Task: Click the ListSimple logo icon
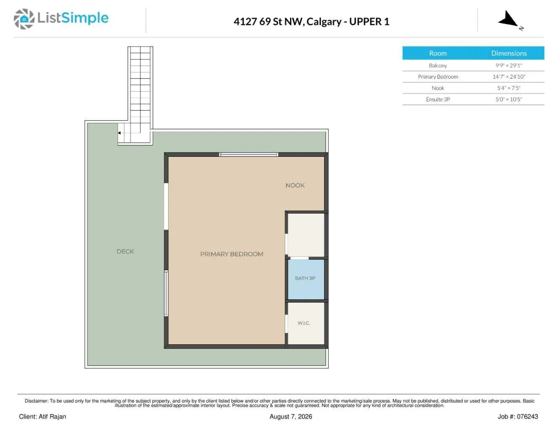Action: pyautogui.click(x=24, y=19)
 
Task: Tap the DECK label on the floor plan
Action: pyautogui.click(x=125, y=251)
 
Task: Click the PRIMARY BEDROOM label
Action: pyautogui.click(x=232, y=254)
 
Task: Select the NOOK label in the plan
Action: pyautogui.click(x=295, y=185)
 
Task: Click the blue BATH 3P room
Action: pyautogui.click(x=306, y=280)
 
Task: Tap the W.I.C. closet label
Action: pyautogui.click(x=304, y=323)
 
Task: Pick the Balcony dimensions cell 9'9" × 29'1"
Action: pyautogui.click(x=509, y=65)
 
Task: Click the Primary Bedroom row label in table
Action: pyautogui.click(x=438, y=77)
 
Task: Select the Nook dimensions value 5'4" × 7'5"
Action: pyautogui.click(x=509, y=88)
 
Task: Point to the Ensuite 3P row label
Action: pyautogui.click(x=438, y=99)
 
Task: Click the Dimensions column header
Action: pyautogui.click(x=509, y=53)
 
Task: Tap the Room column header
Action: pyautogui.click(x=438, y=53)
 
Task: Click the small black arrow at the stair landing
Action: pyautogui.click(x=119, y=133)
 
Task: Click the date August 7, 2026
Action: pyautogui.click(x=290, y=417)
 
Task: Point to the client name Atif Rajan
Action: pyautogui.click(x=52, y=417)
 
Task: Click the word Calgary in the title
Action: pyautogui.click(x=324, y=21)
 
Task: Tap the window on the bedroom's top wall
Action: pyautogui.click(x=248, y=155)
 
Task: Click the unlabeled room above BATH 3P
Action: pyautogui.click(x=306, y=235)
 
